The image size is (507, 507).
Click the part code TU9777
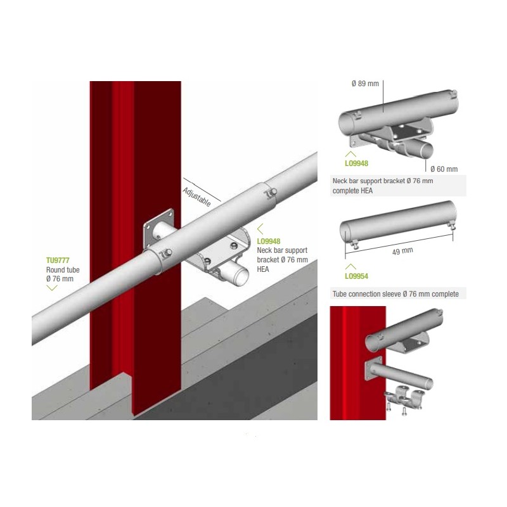click(58, 260)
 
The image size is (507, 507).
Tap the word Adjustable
click(196, 197)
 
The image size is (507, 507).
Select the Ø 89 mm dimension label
click(365, 84)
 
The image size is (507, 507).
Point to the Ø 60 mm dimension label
click(444, 169)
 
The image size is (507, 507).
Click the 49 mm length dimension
click(402, 251)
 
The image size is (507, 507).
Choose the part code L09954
click(356, 276)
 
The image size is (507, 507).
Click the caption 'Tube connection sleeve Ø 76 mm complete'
click(395, 294)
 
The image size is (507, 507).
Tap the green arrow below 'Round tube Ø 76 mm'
click(52, 288)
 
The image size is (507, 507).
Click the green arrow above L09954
click(350, 267)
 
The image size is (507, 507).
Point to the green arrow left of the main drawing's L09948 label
click(260, 229)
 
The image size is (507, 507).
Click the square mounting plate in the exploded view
click(373, 369)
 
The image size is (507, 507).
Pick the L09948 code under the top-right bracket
click(356, 164)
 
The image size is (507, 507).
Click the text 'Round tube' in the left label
click(63, 270)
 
